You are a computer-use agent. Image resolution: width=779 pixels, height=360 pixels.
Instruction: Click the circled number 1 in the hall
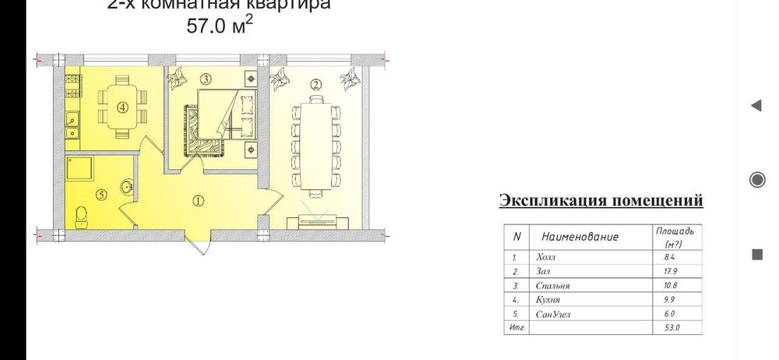click(x=198, y=200)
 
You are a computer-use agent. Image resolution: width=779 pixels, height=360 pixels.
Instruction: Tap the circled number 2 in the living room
click(x=315, y=84)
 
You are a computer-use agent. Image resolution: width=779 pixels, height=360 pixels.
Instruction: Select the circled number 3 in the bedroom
click(x=205, y=79)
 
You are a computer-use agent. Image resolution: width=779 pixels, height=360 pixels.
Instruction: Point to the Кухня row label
click(x=548, y=299)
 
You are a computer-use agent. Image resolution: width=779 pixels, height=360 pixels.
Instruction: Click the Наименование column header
click(x=580, y=236)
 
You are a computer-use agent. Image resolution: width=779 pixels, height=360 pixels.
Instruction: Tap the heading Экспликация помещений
click(x=601, y=201)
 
